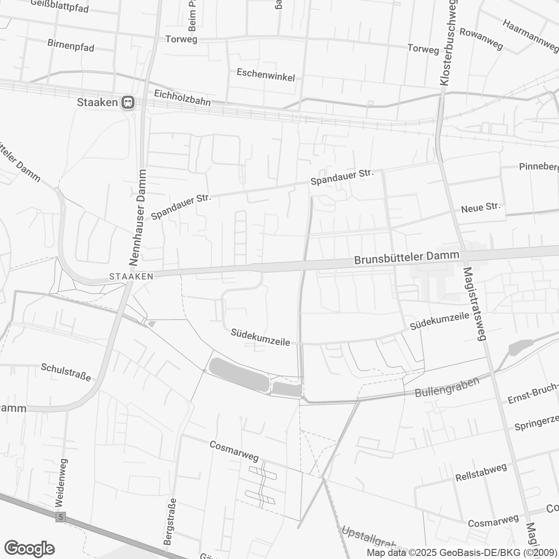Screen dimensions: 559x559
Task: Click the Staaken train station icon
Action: (x=128, y=103)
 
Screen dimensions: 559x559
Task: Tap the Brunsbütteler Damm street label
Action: (x=407, y=258)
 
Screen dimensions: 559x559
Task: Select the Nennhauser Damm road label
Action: (x=138, y=217)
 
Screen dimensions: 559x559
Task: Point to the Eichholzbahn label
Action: (x=182, y=98)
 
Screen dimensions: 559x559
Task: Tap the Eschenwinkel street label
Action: (x=266, y=75)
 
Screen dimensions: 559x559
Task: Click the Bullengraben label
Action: (x=447, y=386)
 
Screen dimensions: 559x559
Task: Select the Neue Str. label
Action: (x=480, y=207)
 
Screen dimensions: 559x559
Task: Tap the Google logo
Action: (x=29, y=549)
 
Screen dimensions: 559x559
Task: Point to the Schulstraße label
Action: (x=66, y=372)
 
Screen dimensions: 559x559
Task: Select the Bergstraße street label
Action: (x=170, y=521)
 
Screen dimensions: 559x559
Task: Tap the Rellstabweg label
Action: (x=481, y=472)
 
